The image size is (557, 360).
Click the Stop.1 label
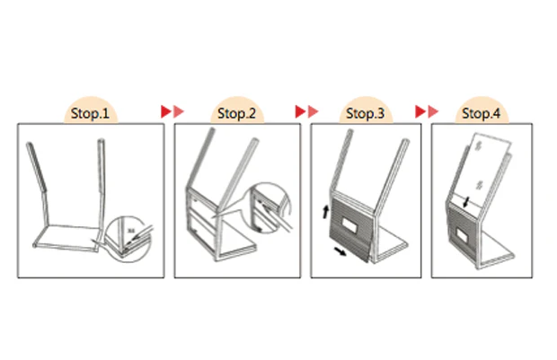pos(90,113)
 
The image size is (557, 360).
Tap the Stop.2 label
pos(236,113)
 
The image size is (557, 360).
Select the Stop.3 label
pos(365,113)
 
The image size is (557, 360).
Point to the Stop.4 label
pos(481,113)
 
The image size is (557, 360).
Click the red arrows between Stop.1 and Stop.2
pos(172,111)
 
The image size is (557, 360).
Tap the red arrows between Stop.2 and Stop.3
pos(306,111)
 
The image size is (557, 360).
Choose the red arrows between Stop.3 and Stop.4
pos(427,111)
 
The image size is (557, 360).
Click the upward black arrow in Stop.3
pos(325,212)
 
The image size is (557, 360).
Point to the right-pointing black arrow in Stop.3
pos(340,251)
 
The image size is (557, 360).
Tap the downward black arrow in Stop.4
pos(466,202)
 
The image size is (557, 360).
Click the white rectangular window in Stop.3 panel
pos(349,224)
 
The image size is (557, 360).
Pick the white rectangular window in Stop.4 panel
pos(462,234)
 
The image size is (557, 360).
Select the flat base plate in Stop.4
pos(496,250)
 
